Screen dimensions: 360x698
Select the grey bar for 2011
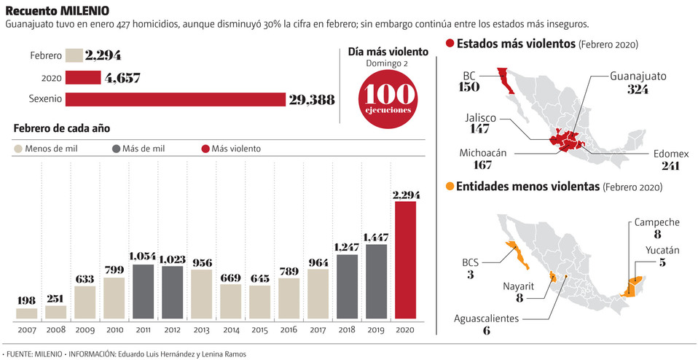[x=143, y=291]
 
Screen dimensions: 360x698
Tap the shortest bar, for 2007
[x=26, y=313]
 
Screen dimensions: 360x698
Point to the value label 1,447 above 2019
[x=376, y=238]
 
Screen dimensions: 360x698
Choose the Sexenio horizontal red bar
[x=175, y=99]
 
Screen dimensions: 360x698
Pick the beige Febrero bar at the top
[x=74, y=55]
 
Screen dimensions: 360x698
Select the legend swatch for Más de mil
[x=116, y=149]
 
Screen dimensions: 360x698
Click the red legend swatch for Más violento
[x=205, y=149]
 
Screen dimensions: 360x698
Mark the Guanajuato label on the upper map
[x=638, y=76]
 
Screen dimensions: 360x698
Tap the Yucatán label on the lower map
[x=662, y=251]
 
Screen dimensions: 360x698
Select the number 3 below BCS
[x=471, y=275]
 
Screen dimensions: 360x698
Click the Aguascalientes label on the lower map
[x=487, y=318]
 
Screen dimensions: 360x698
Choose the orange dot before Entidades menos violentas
[x=450, y=187]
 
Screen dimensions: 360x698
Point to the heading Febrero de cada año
[x=61, y=128]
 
